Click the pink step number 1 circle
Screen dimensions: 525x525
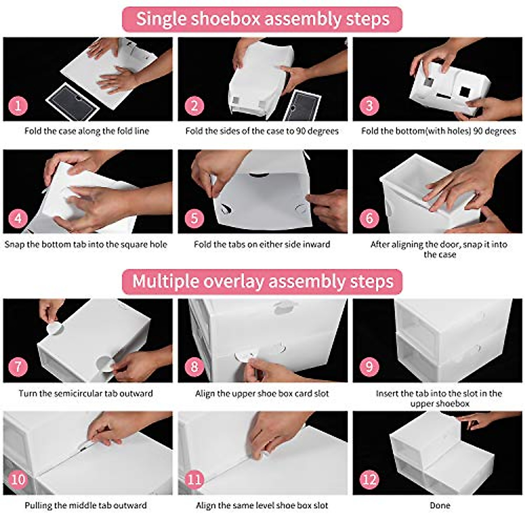coord(18,106)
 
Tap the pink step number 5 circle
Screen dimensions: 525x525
coord(194,218)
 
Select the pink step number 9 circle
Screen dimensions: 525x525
coord(369,367)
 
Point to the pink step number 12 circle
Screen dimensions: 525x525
coord(369,479)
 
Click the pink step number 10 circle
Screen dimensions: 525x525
coord(18,479)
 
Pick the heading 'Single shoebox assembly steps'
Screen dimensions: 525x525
coord(262,19)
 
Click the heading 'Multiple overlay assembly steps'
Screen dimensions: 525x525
coord(262,281)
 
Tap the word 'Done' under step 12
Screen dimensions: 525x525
coord(440,505)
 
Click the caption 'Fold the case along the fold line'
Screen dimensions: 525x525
coord(87,131)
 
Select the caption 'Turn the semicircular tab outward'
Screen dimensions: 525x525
coord(86,393)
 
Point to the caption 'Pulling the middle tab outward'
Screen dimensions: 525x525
coord(86,505)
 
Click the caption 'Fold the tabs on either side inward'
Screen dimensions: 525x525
coord(262,244)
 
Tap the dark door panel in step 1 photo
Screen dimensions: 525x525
coord(73,102)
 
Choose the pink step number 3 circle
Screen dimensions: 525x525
coord(369,106)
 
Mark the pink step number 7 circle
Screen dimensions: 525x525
coord(18,367)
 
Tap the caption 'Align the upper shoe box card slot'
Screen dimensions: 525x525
coord(262,393)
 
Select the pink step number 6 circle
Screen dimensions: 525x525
coord(369,218)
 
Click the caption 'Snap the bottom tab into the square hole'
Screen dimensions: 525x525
coord(86,244)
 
